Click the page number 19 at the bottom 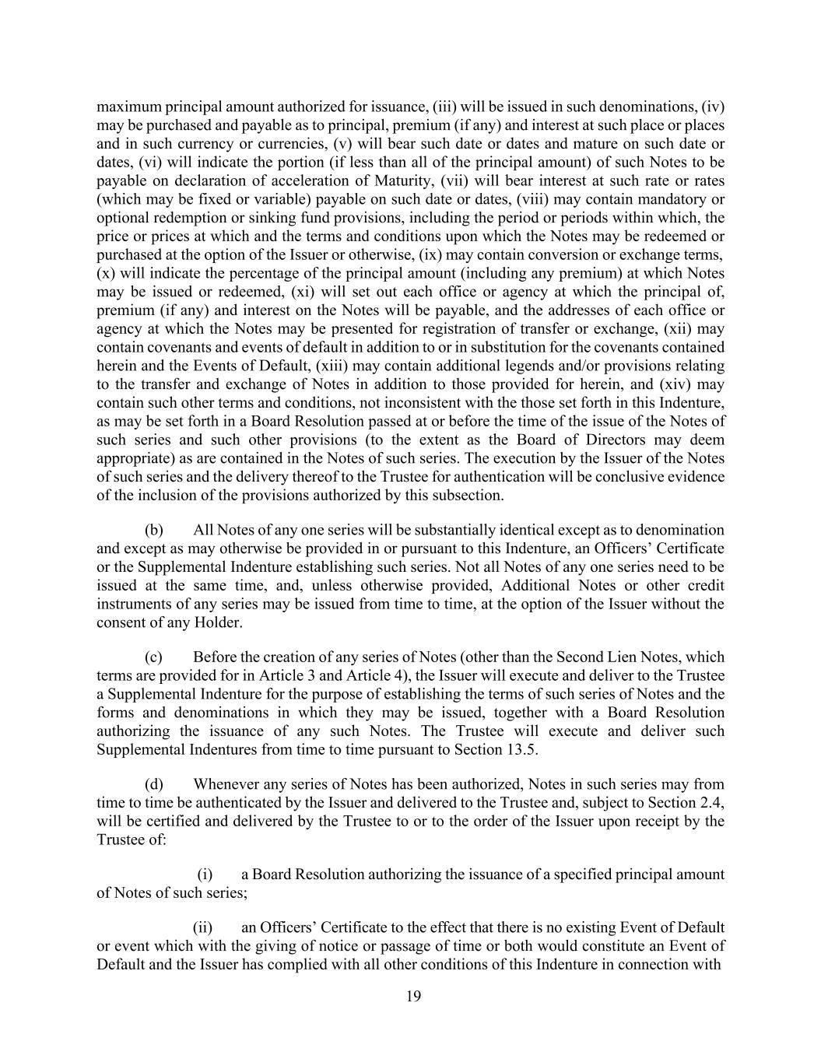point(413,997)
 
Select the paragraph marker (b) point(153,530)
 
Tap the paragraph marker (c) point(153,657)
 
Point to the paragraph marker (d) point(153,783)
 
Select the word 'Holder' point(219,622)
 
